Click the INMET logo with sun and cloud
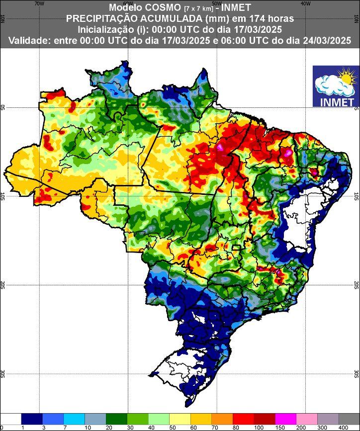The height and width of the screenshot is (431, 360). (x=335, y=86)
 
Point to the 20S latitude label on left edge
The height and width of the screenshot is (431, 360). (x=3, y=285)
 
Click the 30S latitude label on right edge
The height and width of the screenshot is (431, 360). (x=356, y=374)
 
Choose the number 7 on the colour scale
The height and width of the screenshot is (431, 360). (x=64, y=428)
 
